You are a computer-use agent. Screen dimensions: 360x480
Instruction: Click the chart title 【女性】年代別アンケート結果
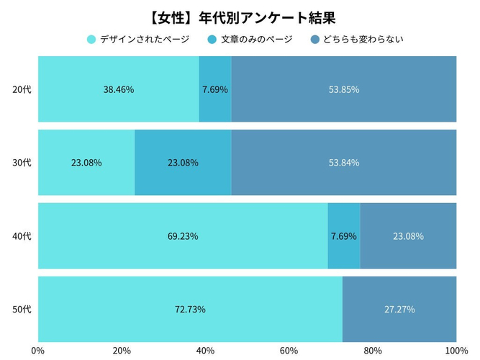pyautogui.click(x=240, y=15)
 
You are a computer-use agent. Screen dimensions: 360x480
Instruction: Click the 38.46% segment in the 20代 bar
pyautogui.click(x=119, y=89)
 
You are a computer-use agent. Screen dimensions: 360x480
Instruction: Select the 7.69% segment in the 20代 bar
pyautogui.click(x=215, y=89)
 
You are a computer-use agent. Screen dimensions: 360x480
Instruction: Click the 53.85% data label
pyautogui.click(x=344, y=89)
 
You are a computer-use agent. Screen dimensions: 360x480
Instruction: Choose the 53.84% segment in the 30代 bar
pyautogui.click(x=344, y=162)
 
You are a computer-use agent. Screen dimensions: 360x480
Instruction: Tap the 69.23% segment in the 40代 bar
pyautogui.click(x=183, y=235)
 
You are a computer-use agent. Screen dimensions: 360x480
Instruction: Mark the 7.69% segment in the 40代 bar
pyautogui.click(x=344, y=235)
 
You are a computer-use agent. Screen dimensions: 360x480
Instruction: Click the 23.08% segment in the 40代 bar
pyautogui.click(x=408, y=235)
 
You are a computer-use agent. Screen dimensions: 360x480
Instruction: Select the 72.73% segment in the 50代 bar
pyautogui.click(x=190, y=309)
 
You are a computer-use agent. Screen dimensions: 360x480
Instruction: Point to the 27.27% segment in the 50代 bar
pyautogui.click(x=399, y=309)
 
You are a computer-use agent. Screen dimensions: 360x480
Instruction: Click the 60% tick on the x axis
pyautogui.click(x=289, y=351)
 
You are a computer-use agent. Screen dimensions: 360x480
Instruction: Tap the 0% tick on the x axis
pyautogui.click(x=38, y=351)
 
